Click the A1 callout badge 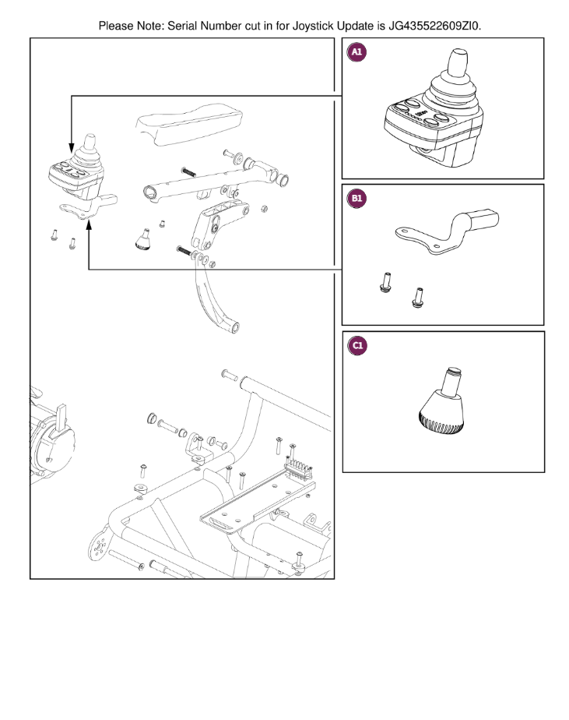pos(357,52)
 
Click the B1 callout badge pos(357,199)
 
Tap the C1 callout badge pos(357,346)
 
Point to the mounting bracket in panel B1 pos(447,234)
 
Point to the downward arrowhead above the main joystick pos(72,148)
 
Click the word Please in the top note pos(117,26)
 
